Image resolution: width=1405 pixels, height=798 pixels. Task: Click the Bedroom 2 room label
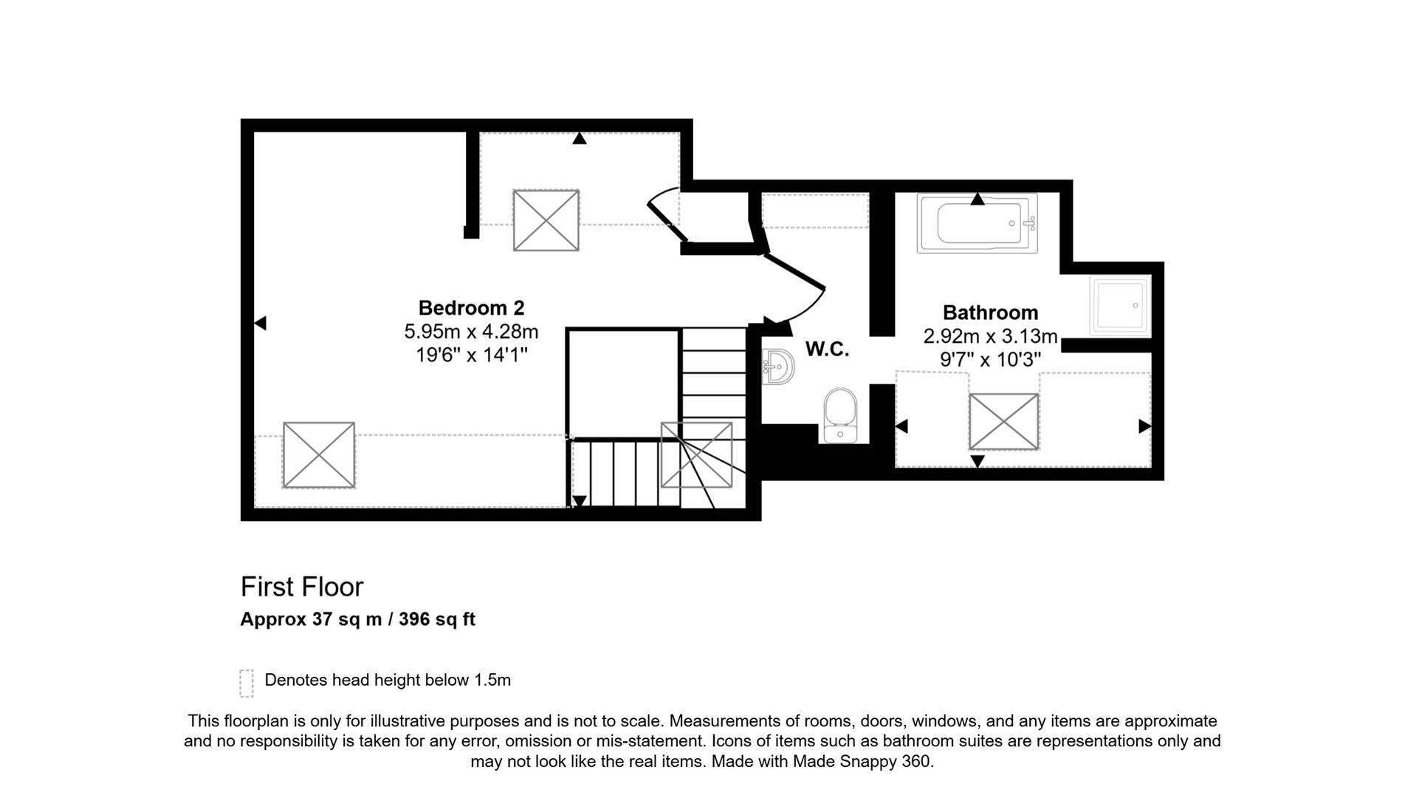471,308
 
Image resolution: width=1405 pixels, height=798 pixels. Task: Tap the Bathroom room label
990,313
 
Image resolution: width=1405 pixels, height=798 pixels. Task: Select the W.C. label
827,349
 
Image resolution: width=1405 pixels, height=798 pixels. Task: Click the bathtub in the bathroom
977,222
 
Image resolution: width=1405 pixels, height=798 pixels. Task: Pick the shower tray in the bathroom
1120,306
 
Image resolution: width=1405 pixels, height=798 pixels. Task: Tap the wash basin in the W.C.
777,366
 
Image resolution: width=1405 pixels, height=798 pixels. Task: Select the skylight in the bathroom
1003,421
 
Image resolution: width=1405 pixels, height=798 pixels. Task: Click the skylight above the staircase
696,454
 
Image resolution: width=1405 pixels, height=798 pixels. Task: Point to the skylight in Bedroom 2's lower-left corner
319,455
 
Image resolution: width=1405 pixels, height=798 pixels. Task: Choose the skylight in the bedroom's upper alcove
546,220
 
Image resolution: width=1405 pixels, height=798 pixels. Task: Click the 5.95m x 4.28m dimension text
471,332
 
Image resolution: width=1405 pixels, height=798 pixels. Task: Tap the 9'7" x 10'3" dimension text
990,360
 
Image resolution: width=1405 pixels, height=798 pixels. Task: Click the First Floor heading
302,587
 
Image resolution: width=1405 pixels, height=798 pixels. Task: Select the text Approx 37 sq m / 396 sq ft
357,619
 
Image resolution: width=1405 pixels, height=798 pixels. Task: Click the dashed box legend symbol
247,683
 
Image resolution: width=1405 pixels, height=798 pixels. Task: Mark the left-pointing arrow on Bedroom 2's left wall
260,323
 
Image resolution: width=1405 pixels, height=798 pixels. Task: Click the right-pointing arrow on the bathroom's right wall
1144,426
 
